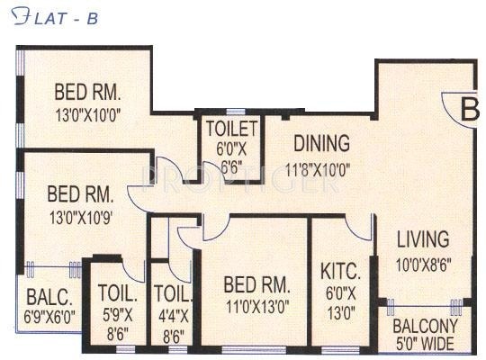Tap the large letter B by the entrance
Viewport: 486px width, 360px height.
pos(469,110)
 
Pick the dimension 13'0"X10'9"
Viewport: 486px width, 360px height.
pos(79,216)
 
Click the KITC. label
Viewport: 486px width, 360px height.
pos(340,270)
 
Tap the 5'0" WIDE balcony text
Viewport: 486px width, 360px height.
pos(425,343)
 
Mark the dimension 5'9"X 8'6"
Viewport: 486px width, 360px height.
pos(119,319)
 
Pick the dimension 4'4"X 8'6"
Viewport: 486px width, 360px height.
pos(173,319)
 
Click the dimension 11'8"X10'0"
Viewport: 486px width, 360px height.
pos(318,167)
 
